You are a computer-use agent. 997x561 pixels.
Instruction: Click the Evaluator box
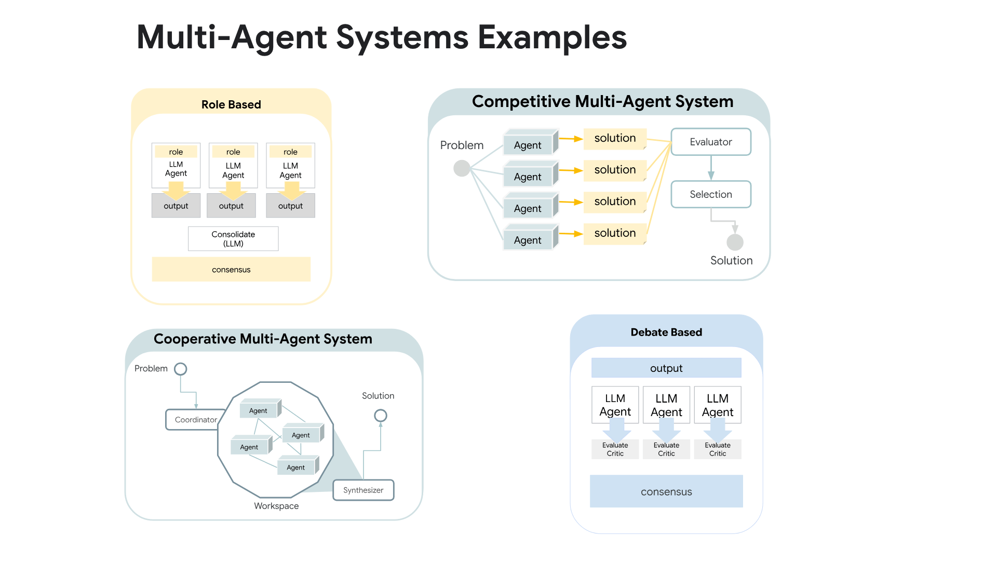[x=710, y=142]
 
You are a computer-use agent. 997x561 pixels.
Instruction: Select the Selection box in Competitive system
[x=710, y=194]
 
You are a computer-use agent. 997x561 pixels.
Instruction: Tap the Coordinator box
[x=195, y=420]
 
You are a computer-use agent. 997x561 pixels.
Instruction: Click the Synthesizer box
[x=363, y=490]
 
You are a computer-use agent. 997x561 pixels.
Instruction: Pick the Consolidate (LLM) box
[x=233, y=239]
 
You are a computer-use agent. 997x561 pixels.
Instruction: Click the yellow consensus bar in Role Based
[x=231, y=270]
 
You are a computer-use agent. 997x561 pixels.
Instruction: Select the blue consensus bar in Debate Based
[x=666, y=491]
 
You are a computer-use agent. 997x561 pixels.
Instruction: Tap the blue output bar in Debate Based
[x=666, y=368]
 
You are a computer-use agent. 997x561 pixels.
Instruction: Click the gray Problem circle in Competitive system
[x=462, y=168]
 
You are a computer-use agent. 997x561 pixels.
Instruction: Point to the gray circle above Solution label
[x=735, y=242]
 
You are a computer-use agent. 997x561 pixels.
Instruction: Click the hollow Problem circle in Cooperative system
[x=180, y=369]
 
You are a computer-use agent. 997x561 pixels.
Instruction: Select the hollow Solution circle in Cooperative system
[x=381, y=416]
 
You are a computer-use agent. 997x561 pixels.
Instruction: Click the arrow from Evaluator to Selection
[x=711, y=168]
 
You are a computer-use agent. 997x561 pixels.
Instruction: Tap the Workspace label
[x=276, y=506]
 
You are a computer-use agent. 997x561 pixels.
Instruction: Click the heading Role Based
[x=231, y=104]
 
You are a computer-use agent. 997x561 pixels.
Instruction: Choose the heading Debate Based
[x=666, y=332]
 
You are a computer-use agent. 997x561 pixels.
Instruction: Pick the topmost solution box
[x=615, y=138]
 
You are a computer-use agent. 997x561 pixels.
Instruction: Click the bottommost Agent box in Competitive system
[x=528, y=240]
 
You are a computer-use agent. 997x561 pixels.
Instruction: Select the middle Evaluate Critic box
[x=666, y=449]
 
